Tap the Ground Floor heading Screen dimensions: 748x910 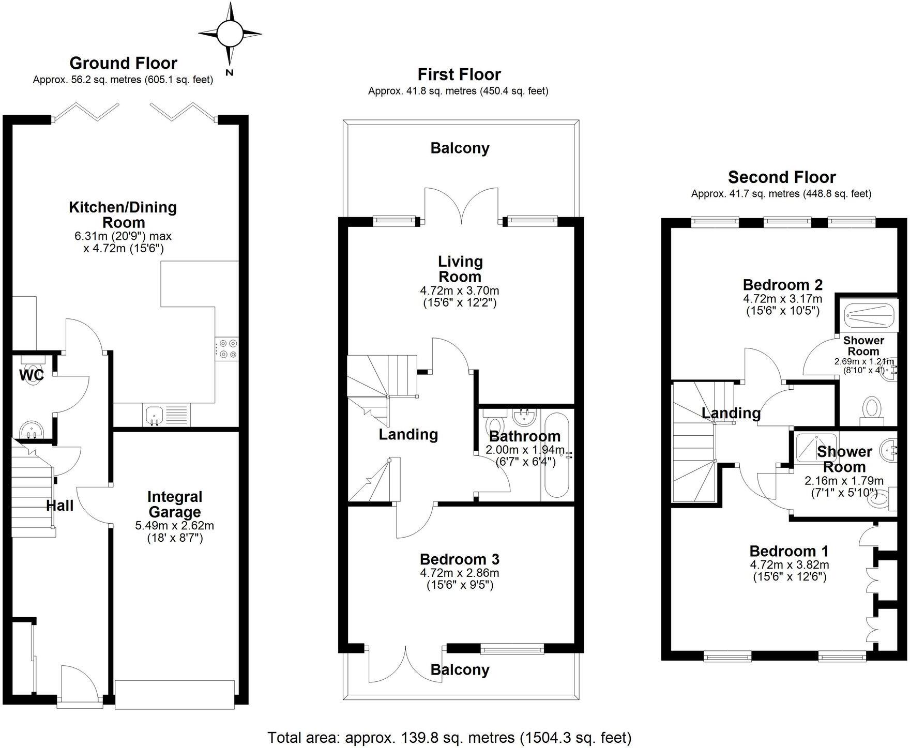point(123,63)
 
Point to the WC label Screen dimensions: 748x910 point(32,375)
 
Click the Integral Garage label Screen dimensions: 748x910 point(174,505)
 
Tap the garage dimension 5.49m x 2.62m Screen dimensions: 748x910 point(174,526)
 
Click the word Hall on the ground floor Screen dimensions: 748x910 point(60,506)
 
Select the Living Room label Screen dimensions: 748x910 point(460,269)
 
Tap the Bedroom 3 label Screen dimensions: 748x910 point(460,559)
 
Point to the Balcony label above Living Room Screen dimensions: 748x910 point(460,148)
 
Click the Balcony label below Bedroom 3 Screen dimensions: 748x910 point(460,670)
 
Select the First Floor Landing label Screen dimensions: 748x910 point(408,434)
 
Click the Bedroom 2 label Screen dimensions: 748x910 point(782,285)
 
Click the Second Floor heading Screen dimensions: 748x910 point(781,177)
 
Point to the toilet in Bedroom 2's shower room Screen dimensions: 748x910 point(872,408)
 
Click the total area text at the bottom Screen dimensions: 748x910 point(449,737)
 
